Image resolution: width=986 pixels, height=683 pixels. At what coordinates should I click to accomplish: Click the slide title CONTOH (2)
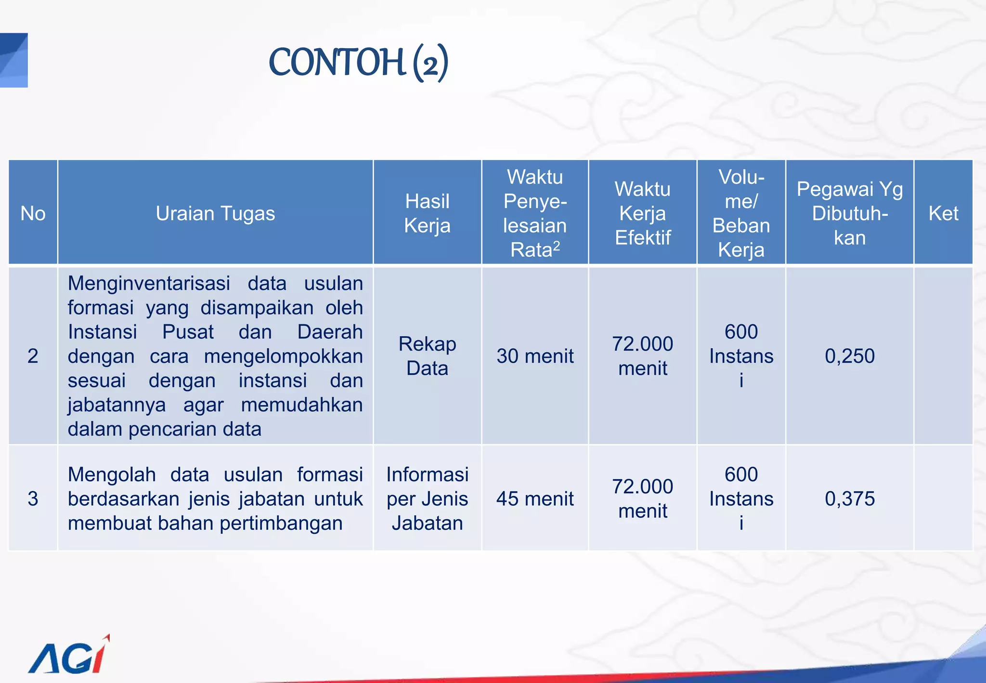(x=358, y=62)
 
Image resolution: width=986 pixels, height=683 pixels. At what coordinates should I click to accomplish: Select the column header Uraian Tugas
(x=215, y=213)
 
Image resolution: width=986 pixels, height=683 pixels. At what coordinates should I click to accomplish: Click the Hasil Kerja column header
(x=427, y=213)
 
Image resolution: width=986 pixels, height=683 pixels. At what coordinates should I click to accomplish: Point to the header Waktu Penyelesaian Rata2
(x=535, y=213)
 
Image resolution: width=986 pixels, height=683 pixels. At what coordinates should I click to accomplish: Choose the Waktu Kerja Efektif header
(x=642, y=213)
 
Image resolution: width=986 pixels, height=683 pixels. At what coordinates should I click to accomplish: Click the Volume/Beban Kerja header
(x=741, y=213)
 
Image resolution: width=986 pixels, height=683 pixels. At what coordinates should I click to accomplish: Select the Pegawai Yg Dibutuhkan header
(x=849, y=213)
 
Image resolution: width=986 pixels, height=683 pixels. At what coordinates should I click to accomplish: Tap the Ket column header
(x=943, y=213)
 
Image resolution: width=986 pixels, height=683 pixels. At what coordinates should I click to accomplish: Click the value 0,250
(x=849, y=356)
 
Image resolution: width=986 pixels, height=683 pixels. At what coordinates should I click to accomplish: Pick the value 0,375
(x=849, y=499)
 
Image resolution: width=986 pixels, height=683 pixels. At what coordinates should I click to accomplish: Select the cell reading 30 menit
(x=535, y=356)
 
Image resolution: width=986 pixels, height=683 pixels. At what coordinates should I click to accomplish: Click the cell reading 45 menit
(x=535, y=499)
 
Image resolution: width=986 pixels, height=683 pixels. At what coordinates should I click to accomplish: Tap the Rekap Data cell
(x=427, y=356)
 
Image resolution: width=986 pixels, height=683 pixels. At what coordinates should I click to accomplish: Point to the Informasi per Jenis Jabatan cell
(x=427, y=499)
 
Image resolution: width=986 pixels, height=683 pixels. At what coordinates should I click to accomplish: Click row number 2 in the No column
(x=33, y=356)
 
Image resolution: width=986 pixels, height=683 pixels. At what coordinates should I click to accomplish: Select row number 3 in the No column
(x=33, y=499)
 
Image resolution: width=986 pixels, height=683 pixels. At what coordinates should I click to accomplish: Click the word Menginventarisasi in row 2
(x=149, y=283)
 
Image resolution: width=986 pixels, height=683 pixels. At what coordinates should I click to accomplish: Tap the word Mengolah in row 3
(x=112, y=474)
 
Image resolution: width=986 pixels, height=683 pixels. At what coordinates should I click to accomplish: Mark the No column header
(x=33, y=213)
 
